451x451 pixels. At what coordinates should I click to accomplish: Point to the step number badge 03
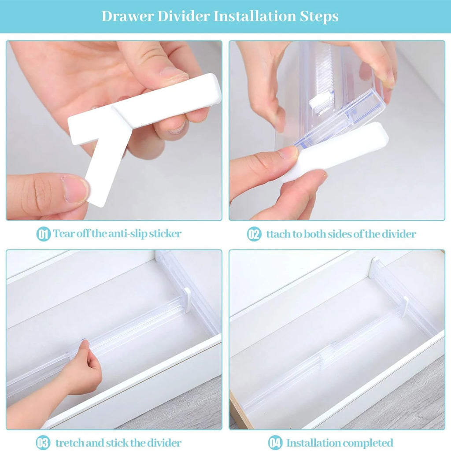(43, 443)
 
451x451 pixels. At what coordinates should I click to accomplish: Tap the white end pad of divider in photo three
(187, 299)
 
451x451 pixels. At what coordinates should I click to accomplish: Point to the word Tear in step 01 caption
(62, 233)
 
